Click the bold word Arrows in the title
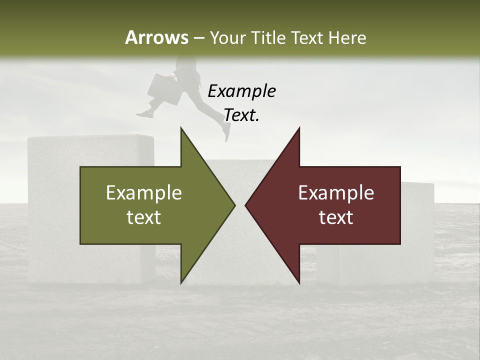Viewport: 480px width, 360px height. pos(156,37)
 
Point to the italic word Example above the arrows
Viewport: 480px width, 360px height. pos(241,91)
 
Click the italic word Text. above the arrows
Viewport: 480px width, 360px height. pos(241,115)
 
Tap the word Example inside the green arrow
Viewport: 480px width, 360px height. pos(144,192)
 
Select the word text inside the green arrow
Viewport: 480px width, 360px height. pos(144,217)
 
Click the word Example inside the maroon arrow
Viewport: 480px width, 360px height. pos(336,192)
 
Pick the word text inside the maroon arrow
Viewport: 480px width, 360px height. pos(336,217)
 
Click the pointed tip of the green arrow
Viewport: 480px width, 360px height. pos(234,205)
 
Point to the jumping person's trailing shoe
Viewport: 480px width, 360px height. pos(144,114)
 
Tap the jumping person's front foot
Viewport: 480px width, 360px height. pos(226,132)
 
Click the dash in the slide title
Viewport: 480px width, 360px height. pos(198,38)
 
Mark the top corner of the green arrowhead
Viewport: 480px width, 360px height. pos(181,128)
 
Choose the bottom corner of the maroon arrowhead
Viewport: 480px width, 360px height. pos(299,283)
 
